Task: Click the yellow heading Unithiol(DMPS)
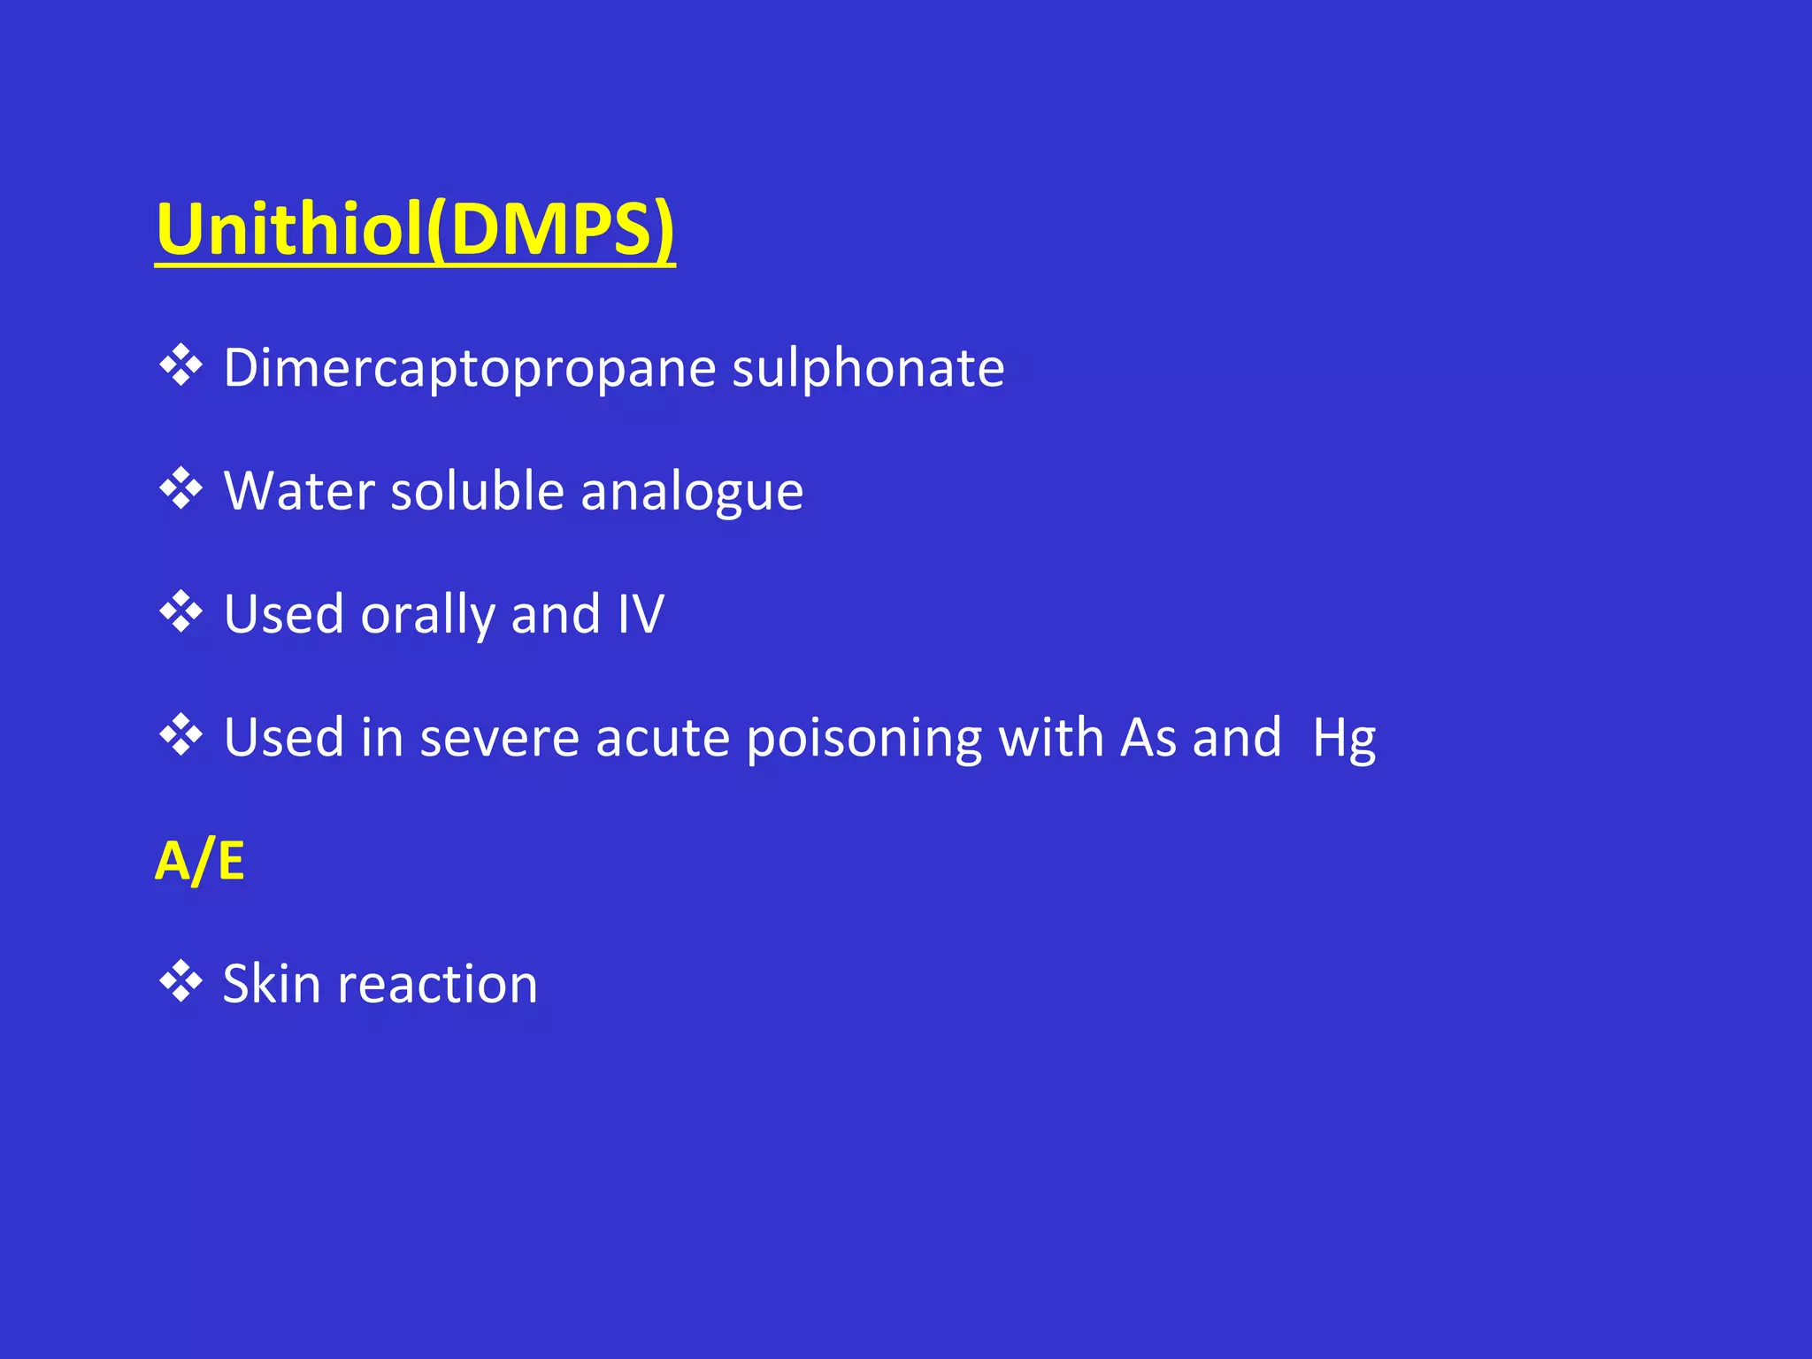[414, 229]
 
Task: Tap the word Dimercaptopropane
[469, 368]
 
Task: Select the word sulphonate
[868, 368]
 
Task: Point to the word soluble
[477, 491]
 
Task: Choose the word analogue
[692, 493]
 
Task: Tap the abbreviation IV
[641, 614]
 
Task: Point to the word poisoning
[864, 738]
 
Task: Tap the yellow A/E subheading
[200, 861]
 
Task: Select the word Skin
[271, 984]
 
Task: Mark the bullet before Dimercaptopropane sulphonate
[181, 365]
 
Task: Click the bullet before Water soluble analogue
[181, 488]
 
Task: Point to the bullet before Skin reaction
[181, 982]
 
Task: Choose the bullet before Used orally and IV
[181, 612]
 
